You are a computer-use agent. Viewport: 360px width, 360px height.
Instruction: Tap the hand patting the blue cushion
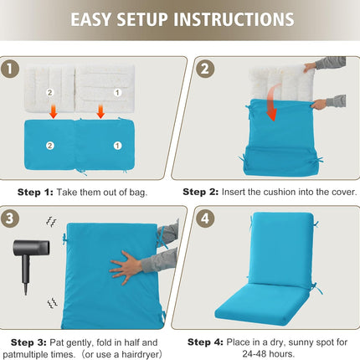coord(126,268)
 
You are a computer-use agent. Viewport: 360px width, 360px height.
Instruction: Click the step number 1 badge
coord(10,69)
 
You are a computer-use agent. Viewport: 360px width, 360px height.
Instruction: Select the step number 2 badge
coord(205,69)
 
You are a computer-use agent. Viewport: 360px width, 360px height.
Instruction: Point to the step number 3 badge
coord(10,219)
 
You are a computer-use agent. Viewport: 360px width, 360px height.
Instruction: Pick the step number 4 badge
coord(205,219)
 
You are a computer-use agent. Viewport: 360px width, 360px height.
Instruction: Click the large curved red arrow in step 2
coord(272,102)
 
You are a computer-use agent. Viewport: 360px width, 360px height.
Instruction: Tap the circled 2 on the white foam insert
coord(49,92)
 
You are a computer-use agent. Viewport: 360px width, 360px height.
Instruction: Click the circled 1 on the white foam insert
coord(117,92)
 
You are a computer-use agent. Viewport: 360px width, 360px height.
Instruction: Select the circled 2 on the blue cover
coord(50,146)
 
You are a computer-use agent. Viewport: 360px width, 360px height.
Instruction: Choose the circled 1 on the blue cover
coord(117,146)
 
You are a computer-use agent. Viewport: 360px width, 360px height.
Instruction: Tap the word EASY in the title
coord(91,19)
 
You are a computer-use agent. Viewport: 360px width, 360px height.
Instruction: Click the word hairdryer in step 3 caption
coord(140,354)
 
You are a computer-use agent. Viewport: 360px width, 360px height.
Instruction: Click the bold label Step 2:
coord(201,192)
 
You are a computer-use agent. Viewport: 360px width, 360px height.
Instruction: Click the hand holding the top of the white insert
coord(310,66)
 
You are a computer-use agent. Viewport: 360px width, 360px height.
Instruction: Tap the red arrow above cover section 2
coord(53,111)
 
